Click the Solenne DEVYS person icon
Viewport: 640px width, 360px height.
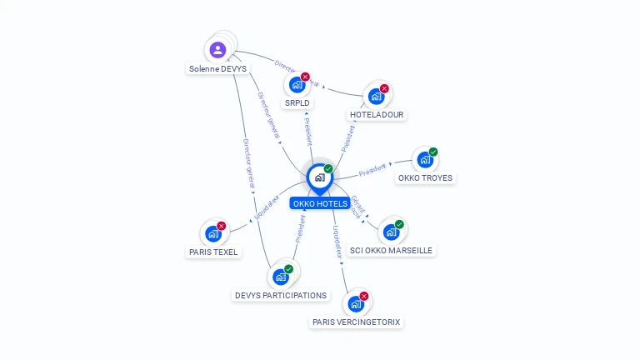click(217, 49)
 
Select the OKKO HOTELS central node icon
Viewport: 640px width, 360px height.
click(320, 177)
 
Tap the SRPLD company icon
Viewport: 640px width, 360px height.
click(297, 84)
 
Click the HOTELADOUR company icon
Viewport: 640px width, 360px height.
click(376, 96)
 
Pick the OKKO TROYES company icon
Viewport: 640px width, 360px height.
click(425, 159)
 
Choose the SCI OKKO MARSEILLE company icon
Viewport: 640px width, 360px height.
click(391, 232)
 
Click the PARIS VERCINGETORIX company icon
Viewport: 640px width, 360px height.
click(356, 303)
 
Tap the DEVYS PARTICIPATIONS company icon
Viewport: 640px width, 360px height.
click(281, 277)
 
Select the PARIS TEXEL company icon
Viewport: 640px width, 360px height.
click(213, 233)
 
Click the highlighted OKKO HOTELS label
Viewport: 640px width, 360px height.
click(320, 203)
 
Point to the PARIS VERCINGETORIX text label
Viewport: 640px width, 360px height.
click(357, 322)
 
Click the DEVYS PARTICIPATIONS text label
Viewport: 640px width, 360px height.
click(281, 295)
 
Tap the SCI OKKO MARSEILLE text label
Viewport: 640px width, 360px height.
click(391, 250)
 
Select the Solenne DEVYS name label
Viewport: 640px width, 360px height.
click(217, 68)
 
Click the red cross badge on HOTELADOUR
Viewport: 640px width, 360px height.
click(384, 88)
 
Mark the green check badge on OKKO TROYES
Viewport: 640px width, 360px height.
click(433, 152)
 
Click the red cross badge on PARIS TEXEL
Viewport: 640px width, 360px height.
click(222, 226)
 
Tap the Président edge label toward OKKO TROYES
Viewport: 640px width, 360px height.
click(372, 171)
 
